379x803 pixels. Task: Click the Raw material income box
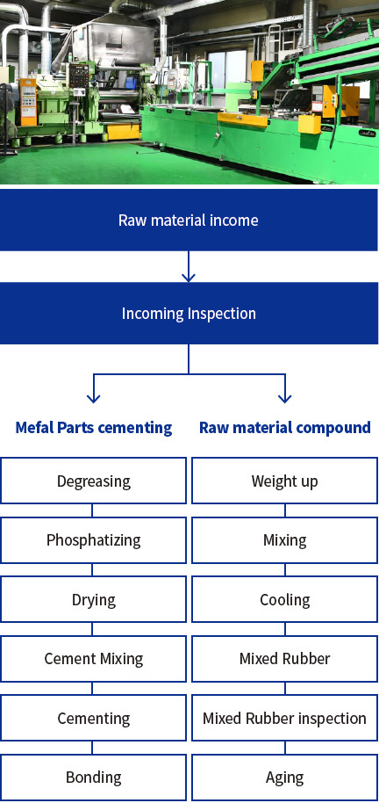(x=189, y=221)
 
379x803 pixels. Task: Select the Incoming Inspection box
(x=189, y=313)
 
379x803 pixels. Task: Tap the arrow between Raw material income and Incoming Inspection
(x=189, y=266)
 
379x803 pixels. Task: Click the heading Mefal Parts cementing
(x=94, y=427)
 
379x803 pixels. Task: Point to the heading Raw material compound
(x=285, y=427)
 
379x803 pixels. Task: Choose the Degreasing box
(x=93, y=481)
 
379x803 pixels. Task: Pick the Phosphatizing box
(x=93, y=540)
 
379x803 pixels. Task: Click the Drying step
(x=93, y=599)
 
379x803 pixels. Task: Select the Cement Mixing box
(x=93, y=659)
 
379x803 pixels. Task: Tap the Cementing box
(x=93, y=718)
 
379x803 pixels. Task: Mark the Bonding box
(x=93, y=778)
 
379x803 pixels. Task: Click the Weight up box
(x=285, y=481)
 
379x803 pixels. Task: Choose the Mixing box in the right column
(x=285, y=540)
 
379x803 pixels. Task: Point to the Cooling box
(x=285, y=599)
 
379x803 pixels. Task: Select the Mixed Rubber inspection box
(x=285, y=718)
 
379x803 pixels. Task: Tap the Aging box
(x=285, y=778)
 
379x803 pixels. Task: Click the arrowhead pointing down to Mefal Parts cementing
(x=93, y=398)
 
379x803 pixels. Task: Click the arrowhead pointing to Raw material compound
(x=285, y=398)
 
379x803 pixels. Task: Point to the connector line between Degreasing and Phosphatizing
(x=92, y=510)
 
